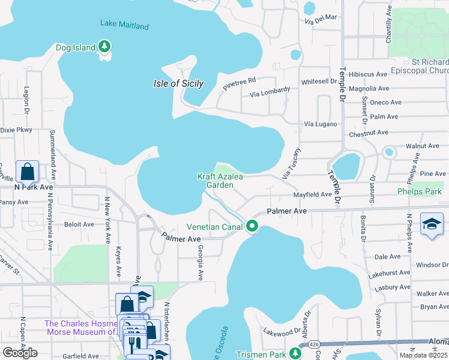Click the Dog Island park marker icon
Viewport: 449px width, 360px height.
(105, 46)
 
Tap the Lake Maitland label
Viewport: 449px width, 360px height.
(124, 26)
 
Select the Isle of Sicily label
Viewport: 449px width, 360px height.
(178, 83)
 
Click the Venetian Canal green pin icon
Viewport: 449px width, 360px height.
(252, 227)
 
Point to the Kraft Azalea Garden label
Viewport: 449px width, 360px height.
(215, 181)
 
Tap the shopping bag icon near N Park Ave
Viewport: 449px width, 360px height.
(28, 172)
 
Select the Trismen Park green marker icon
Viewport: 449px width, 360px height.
(295, 353)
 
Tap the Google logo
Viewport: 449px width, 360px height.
(20, 353)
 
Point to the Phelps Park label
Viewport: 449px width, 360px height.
(419, 192)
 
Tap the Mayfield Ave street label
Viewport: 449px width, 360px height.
(312, 194)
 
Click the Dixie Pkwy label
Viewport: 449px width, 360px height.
(16, 129)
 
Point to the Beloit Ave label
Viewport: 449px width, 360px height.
(79, 224)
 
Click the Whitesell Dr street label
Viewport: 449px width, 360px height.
(319, 81)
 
